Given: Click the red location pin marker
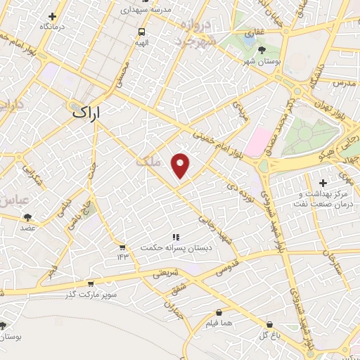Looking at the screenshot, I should [x=181, y=165].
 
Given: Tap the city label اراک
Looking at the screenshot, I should [x=86, y=112].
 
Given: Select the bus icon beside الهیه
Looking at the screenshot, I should [x=142, y=32].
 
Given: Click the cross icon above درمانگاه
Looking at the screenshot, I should [x=53, y=16].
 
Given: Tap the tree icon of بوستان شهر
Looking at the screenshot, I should [x=262, y=50].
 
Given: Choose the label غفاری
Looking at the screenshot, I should [x=255, y=33].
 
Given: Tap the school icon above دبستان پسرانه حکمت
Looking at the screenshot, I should [x=176, y=237].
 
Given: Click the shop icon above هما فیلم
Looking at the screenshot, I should [x=219, y=312].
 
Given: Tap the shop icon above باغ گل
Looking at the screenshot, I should [x=269, y=325].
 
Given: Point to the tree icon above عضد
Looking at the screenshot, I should [x=27, y=217].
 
